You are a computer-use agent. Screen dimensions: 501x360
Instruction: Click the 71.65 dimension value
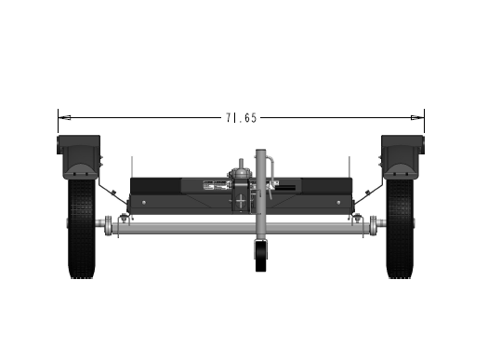242,118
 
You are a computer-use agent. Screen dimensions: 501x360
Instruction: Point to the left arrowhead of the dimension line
64,117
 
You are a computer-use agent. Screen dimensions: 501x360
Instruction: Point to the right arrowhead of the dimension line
417,117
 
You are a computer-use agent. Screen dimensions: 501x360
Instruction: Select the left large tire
82,228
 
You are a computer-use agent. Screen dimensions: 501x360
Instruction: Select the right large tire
400,228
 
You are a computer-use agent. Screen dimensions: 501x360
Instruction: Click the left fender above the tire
79,156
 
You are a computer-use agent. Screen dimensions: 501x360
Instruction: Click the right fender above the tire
402,156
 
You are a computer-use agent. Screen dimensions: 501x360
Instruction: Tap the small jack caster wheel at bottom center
261,256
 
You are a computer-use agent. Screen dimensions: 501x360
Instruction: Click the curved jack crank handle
270,174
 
